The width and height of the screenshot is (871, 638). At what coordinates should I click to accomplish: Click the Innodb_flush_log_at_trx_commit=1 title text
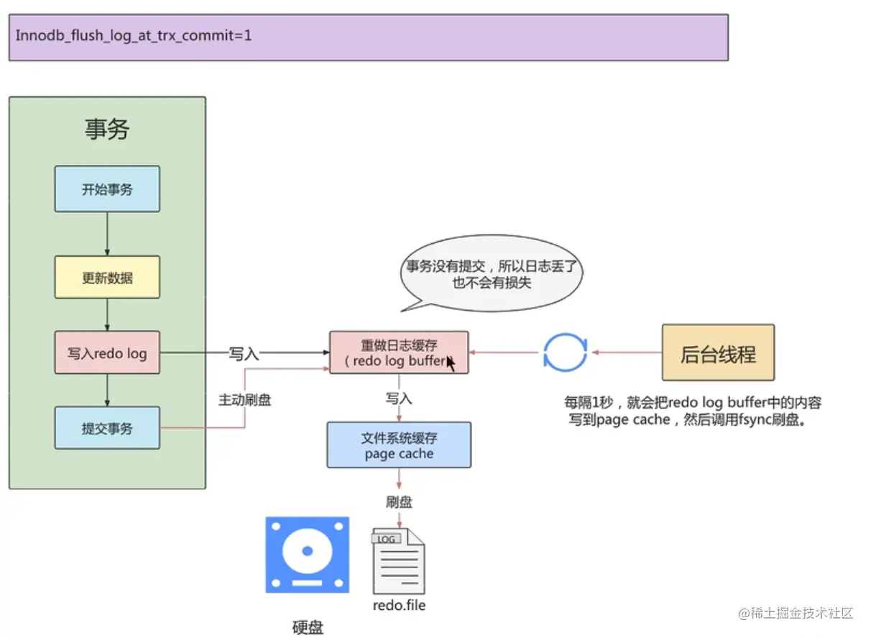pos(134,35)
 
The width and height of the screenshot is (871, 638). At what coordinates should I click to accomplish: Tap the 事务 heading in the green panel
pos(107,129)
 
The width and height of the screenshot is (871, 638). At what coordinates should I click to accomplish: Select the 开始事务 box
pos(107,189)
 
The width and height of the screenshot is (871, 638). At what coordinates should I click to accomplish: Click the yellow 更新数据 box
pos(107,277)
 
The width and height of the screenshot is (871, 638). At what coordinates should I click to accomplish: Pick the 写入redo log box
pos(107,352)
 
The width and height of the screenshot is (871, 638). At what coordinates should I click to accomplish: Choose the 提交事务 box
pos(107,428)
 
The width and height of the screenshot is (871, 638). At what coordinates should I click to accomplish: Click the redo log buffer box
pos(399,352)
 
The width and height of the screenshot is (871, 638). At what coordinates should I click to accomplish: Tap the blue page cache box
pos(399,445)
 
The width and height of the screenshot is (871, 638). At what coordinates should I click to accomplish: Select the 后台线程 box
pos(718,352)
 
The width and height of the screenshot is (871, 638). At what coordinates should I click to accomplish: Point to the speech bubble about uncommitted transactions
pos(492,274)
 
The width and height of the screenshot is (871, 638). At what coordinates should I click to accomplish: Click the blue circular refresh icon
pos(566,352)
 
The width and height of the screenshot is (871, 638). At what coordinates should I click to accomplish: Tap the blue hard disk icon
pos(308,555)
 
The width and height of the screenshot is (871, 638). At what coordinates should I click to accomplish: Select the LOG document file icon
pos(398,560)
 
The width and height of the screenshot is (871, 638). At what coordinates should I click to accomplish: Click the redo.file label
pos(399,605)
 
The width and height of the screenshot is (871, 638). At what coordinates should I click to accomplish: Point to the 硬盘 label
pos(308,627)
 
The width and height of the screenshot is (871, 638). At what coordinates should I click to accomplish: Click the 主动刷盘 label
pos(244,400)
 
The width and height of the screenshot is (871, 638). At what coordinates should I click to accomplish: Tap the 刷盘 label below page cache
pos(400,502)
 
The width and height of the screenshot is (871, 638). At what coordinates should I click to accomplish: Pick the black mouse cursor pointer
pos(451,363)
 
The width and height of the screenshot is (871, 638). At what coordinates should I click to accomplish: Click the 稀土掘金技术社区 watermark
pos(795,614)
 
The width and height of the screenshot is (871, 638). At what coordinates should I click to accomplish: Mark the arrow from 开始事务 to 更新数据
pos(107,234)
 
